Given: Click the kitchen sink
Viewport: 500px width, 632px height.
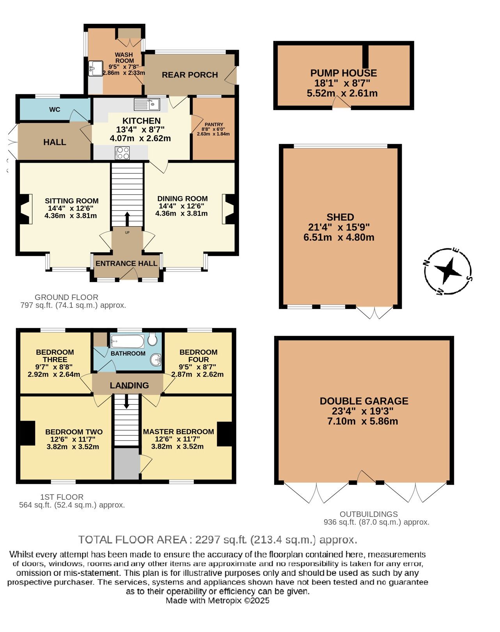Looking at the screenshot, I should point(147,104).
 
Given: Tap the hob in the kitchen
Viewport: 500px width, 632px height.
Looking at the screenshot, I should point(122,153).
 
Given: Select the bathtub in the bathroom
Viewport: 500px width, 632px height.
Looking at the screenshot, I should point(128,341).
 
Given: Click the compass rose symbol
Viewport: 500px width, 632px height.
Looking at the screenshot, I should point(448,271).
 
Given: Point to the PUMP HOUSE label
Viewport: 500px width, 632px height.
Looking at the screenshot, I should point(343,73).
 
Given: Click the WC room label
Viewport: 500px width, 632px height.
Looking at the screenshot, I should point(55,110).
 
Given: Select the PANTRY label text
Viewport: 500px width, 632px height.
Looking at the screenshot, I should point(214,124).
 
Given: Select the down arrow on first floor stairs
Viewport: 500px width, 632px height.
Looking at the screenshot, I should point(126,401).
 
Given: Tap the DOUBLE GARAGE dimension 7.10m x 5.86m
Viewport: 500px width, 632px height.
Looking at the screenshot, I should point(363,421).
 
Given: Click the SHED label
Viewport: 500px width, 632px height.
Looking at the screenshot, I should point(340,217).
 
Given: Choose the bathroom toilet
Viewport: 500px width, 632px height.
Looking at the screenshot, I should point(152,339).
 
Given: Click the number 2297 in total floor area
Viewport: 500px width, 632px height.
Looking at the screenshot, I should point(207,540).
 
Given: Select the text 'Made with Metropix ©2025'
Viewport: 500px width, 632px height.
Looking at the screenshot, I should point(217,601).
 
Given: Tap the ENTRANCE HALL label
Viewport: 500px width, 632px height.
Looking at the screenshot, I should point(126,264).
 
